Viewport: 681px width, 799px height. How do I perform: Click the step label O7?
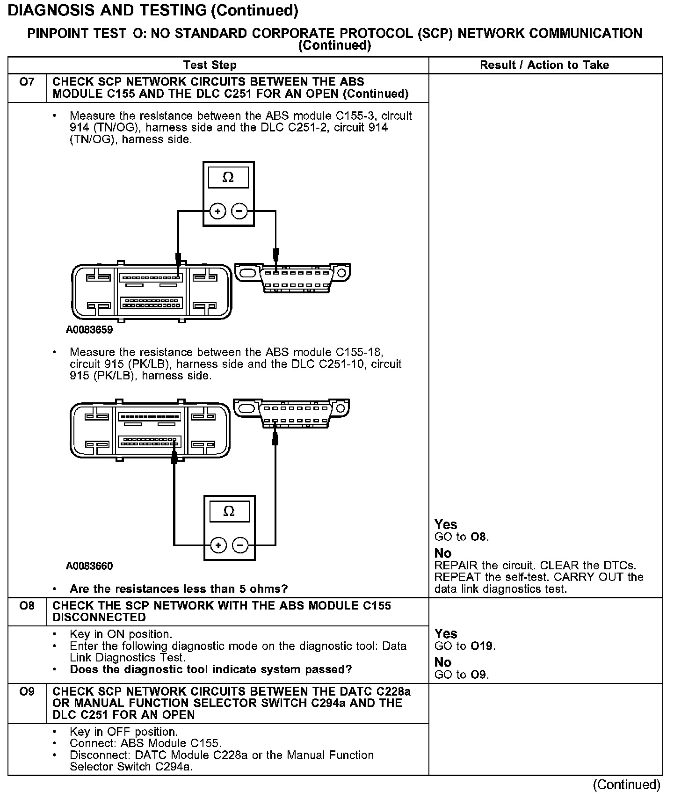click(x=27, y=82)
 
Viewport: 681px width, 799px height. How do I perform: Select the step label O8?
click(x=27, y=606)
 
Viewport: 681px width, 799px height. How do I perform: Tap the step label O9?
click(x=27, y=691)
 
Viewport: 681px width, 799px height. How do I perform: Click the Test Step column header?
click(x=210, y=65)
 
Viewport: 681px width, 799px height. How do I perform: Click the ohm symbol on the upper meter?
click(x=228, y=177)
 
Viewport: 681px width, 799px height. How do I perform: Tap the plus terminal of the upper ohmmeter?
click(x=217, y=211)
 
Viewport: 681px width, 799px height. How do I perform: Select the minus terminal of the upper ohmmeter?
click(x=239, y=211)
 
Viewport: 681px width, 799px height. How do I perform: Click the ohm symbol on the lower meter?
click(x=229, y=511)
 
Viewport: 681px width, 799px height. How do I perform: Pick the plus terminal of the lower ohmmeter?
click(x=218, y=545)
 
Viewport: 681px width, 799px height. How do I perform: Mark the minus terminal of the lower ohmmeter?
click(x=240, y=545)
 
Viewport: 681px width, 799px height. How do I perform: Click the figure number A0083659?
click(x=89, y=330)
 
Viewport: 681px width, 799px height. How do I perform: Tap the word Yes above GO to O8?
click(x=446, y=525)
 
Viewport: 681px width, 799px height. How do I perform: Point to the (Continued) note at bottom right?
click(x=627, y=784)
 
